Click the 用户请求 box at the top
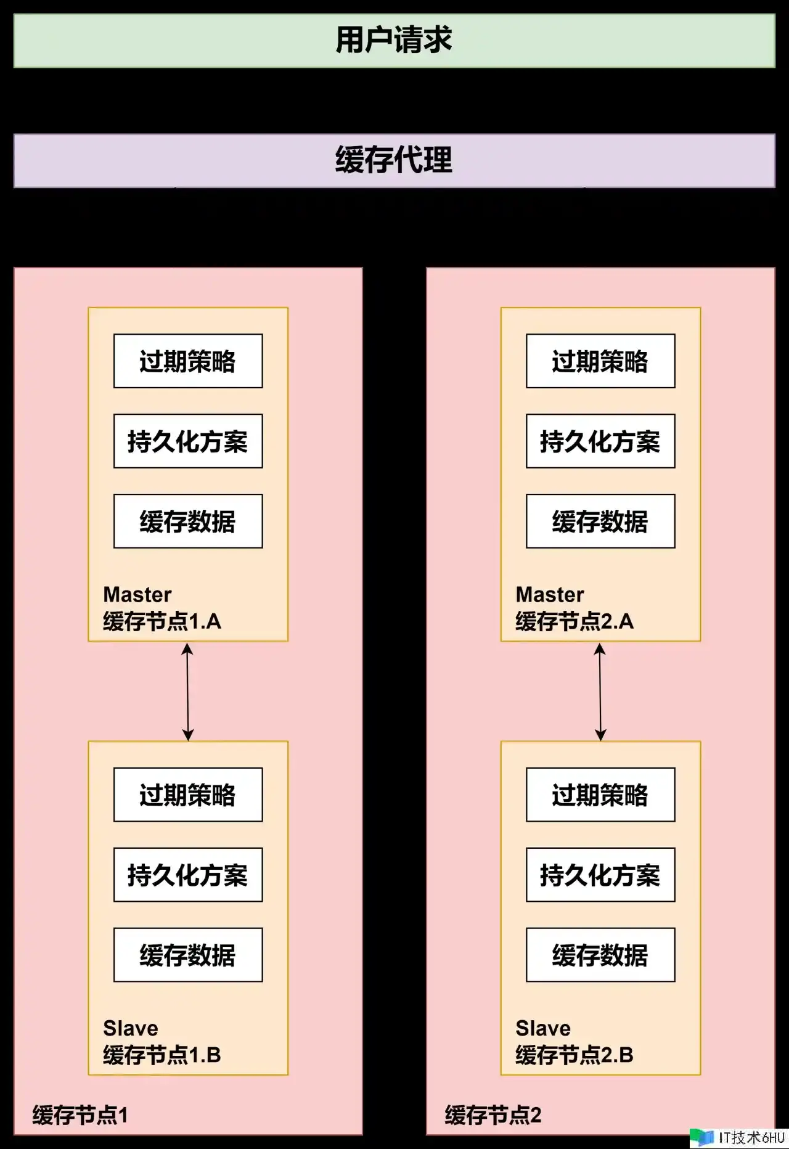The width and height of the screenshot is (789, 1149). (394, 41)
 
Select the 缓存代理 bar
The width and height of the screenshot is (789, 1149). (394, 160)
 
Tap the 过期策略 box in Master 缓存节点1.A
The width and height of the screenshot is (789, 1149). (188, 361)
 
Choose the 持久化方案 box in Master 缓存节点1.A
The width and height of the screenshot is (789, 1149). (188, 441)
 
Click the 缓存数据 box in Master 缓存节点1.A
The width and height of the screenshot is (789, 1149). (188, 521)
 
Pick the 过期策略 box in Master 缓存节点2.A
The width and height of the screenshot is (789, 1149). (600, 361)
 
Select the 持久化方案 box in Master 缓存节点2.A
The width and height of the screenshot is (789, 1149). (600, 441)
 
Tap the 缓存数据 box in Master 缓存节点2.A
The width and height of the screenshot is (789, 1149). (600, 521)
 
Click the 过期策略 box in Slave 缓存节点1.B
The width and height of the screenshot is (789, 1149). (188, 795)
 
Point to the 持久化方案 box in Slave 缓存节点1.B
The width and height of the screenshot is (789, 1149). (188, 875)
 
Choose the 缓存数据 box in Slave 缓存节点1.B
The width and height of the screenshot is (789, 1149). (188, 955)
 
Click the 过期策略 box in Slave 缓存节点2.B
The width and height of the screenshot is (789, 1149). (600, 795)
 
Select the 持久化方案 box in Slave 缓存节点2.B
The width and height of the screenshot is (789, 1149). (600, 875)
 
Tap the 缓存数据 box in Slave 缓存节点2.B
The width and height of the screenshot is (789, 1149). (600, 955)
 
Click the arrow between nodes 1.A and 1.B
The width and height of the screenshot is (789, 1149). (188, 692)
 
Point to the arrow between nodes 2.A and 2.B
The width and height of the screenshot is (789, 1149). (600, 692)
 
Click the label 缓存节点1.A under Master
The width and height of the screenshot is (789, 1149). (162, 621)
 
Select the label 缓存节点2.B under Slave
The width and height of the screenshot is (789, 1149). (574, 1055)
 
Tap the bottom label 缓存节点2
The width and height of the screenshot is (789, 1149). (493, 1115)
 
